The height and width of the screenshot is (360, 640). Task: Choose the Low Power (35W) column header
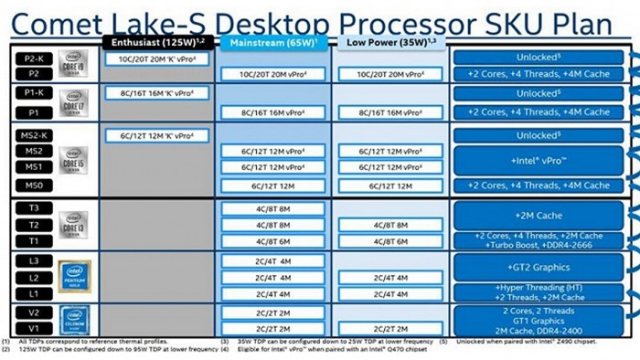click(x=388, y=42)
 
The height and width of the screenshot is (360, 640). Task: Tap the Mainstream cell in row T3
click(x=273, y=208)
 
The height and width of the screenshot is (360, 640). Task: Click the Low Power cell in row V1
click(x=388, y=328)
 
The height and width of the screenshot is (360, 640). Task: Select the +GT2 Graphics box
click(x=544, y=268)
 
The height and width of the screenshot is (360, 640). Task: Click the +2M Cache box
click(x=544, y=216)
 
